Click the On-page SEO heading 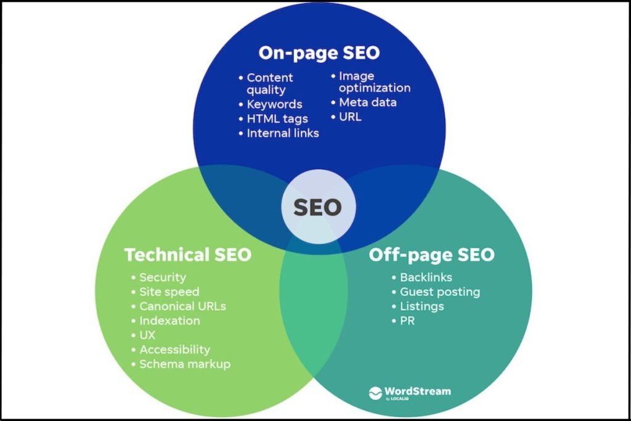pyautogui.click(x=319, y=53)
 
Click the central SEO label pyautogui.click(x=317, y=207)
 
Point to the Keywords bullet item pyautogui.click(x=274, y=104)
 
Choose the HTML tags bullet pyautogui.click(x=277, y=118)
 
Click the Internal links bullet pyautogui.click(x=282, y=133)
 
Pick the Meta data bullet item pyautogui.click(x=367, y=102)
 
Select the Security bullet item pyautogui.click(x=162, y=277)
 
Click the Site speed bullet pyautogui.click(x=169, y=292)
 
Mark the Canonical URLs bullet pyautogui.click(x=182, y=306)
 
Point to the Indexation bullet pyautogui.click(x=169, y=321)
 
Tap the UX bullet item pyautogui.click(x=147, y=335)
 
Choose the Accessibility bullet pyautogui.click(x=174, y=349)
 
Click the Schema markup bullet pyautogui.click(x=184, y=364)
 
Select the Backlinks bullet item pyautogui.click(x=426, y=277)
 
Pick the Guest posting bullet pyautogui.click(x=439, y=292)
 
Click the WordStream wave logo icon pyautogui.click(x=375, y=393)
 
